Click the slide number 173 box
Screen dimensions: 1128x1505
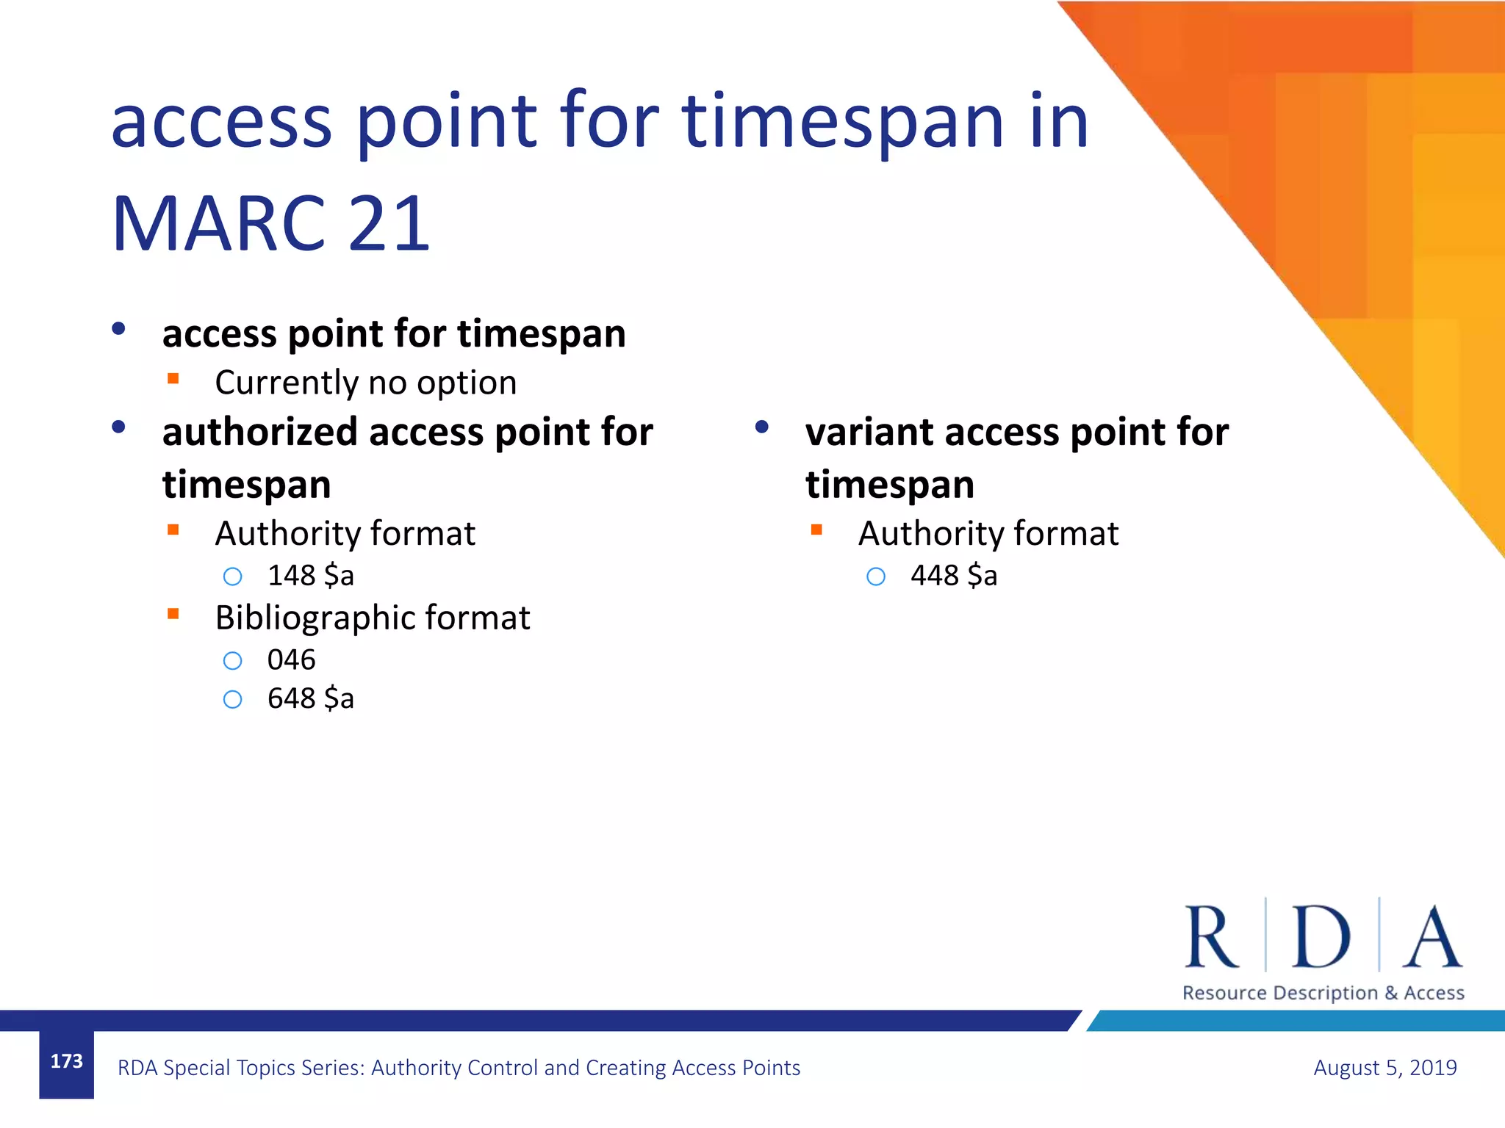66,1063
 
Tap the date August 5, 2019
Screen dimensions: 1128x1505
1384,1067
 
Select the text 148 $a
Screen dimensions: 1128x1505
310,576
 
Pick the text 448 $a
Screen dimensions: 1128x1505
953,576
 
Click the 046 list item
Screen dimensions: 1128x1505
291,660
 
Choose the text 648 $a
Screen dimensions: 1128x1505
310,698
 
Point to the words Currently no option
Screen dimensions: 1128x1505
365,383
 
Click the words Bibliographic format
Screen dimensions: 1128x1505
372,618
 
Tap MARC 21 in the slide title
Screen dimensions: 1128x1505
270,223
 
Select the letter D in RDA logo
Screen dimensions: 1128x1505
1321,937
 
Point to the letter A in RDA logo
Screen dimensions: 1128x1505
1432,937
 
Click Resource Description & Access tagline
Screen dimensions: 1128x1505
1323,993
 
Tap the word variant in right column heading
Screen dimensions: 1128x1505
869,432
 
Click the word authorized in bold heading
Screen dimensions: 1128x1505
259,432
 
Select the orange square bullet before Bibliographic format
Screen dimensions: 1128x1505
173,614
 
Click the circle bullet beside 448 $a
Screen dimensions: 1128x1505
875,576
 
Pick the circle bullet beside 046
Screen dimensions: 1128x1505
232,661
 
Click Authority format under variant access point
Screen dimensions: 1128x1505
988,533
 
